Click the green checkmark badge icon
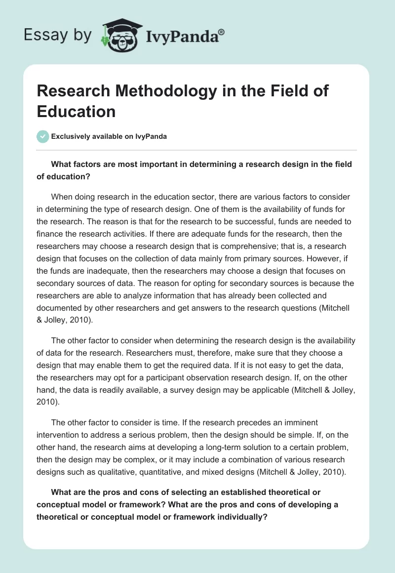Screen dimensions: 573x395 click(43, 136)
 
